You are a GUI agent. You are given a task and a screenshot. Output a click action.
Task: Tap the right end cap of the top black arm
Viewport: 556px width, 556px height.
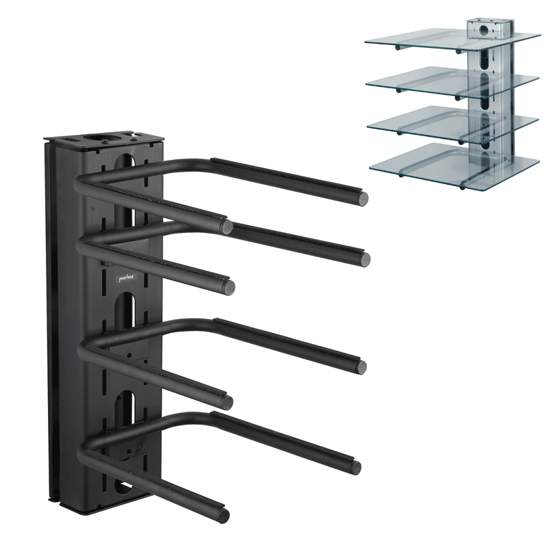tap(362, 199)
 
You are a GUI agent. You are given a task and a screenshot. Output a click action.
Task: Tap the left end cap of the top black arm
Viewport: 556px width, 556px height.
tap(227, 227)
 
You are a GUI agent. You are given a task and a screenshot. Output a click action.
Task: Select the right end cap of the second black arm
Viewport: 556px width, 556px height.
tap(364, 259)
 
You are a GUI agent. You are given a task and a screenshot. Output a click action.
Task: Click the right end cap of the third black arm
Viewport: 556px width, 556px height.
tap(360, 368)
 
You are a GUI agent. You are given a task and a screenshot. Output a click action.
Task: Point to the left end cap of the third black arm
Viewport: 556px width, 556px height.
tap(227, 401)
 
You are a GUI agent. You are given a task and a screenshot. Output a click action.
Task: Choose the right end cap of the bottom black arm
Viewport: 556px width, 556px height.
tap(355, 467)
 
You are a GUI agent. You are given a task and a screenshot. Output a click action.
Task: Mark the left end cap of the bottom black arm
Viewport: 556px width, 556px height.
tap(224, 516)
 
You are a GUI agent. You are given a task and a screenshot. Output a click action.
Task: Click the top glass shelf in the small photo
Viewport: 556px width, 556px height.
tap(453, 39)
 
